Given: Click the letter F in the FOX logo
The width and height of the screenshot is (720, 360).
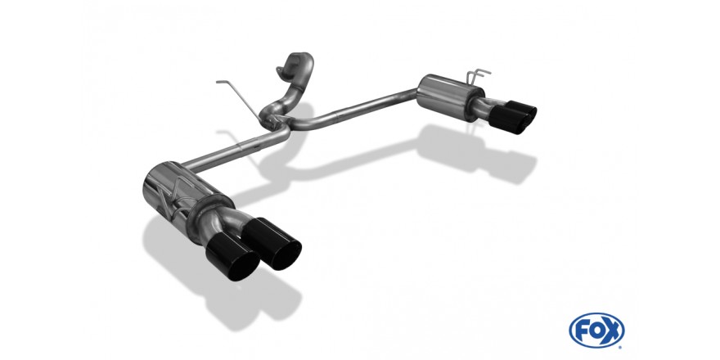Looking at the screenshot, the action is (582, 330).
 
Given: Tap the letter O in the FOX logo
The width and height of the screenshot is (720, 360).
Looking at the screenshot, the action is (596, 330).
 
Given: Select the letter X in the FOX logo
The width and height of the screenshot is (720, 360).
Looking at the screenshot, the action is (613, 330).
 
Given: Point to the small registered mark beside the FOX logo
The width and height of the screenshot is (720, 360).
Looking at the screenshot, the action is (621, 347).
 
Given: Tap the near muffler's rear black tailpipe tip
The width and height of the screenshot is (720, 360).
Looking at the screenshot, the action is (272, 243).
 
